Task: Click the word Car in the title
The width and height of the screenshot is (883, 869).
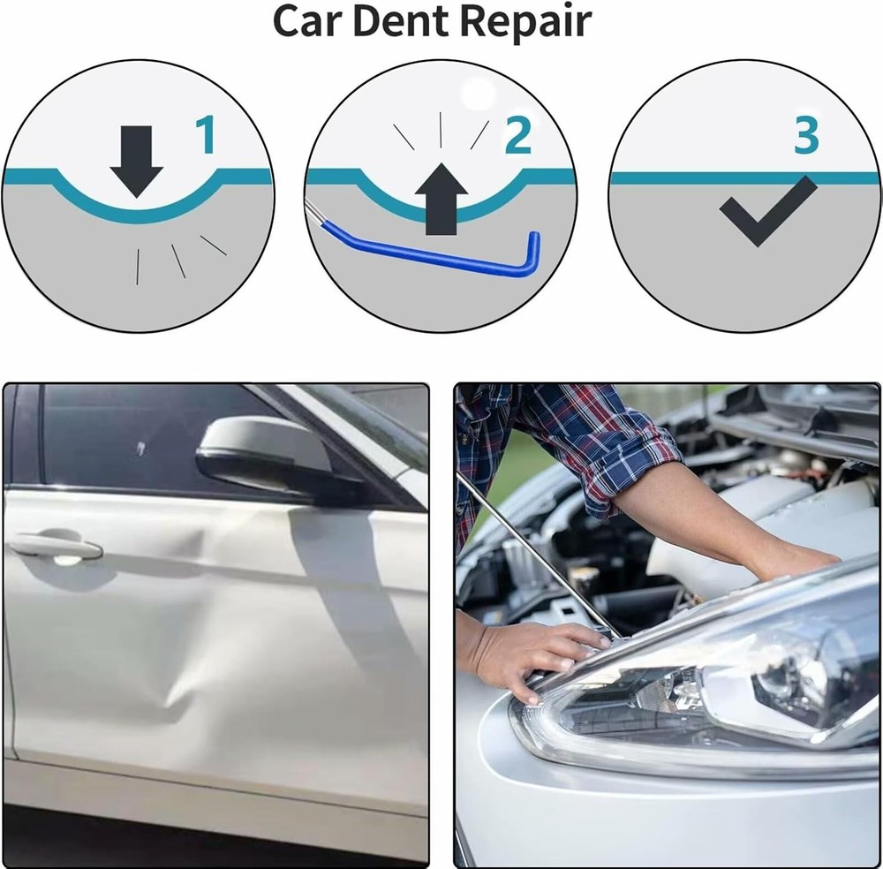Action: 304,21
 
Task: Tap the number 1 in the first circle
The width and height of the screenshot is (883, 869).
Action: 204,134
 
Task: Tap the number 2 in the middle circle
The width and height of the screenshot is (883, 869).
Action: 517,134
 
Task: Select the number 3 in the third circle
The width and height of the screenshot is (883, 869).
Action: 806,134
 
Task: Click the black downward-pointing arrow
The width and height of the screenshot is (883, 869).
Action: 136,160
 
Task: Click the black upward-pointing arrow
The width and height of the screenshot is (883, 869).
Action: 441,200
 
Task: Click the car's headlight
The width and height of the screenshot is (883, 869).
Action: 706,698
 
